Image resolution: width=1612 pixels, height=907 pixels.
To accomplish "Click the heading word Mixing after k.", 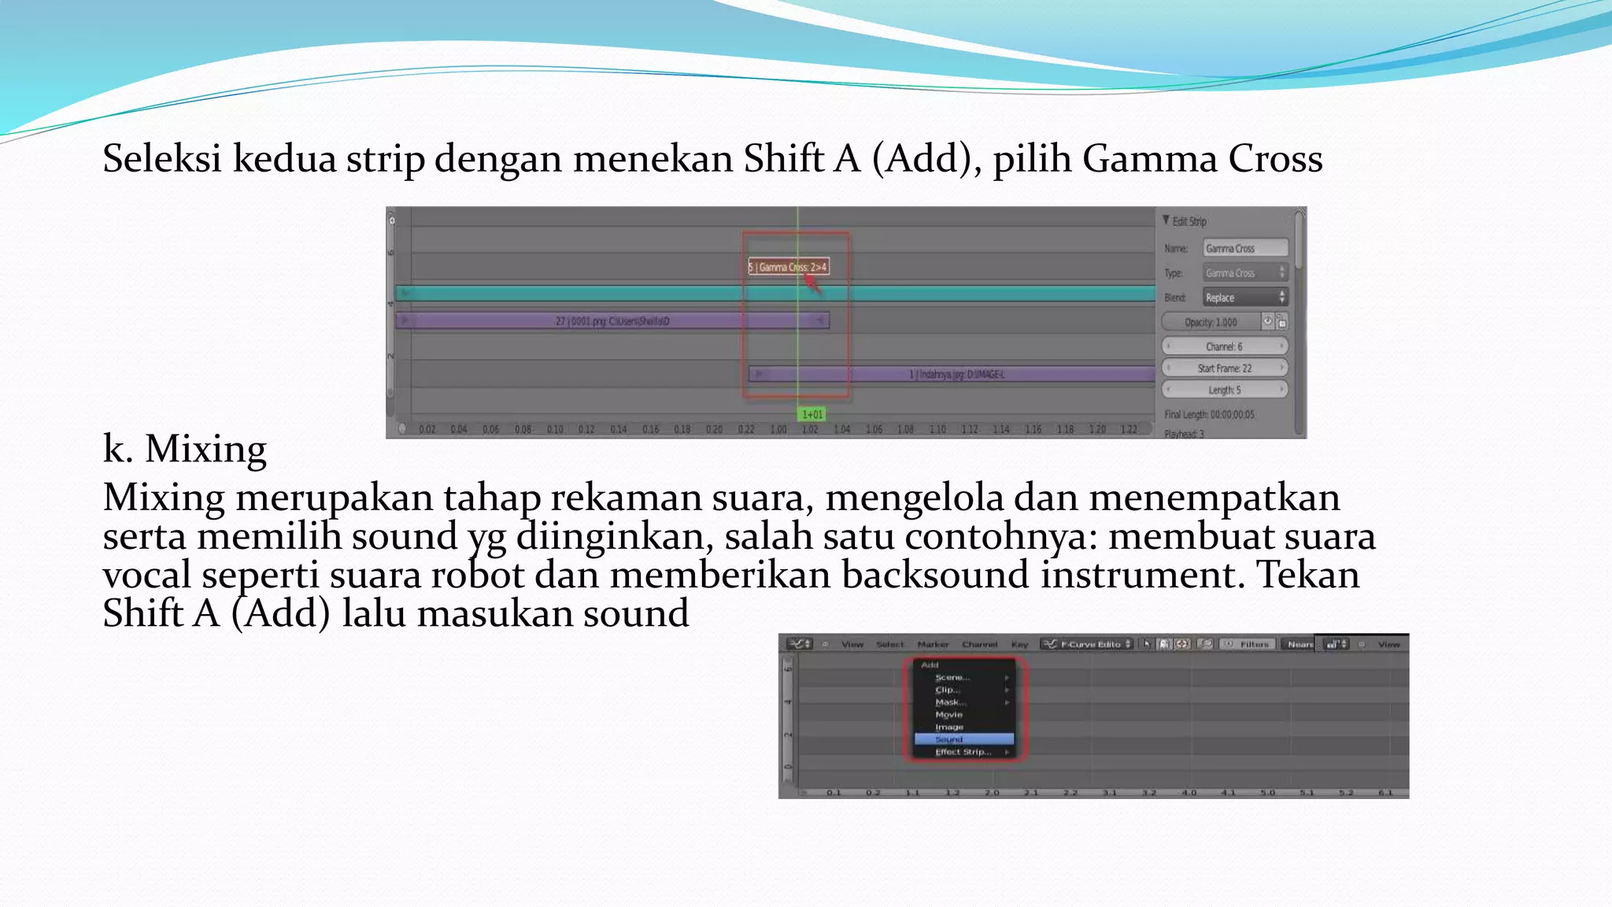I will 205,449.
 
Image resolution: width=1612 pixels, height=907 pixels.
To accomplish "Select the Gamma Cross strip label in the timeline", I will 788,267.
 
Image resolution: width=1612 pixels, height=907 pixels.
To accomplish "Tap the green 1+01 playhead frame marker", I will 812,414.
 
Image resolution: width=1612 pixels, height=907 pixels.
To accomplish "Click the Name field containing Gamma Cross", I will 1244,248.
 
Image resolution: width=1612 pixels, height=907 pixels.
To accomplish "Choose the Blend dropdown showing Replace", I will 1244,298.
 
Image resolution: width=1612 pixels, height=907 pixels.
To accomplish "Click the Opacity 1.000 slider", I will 1212,322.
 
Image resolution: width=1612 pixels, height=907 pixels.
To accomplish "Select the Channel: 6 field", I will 1224,346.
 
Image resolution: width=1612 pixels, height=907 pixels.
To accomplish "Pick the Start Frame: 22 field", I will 1224,368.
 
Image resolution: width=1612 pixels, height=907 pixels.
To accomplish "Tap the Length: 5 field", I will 1224,390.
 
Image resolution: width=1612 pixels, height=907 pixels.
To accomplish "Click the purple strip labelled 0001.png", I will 612,321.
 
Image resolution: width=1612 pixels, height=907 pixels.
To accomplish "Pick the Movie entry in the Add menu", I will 949,715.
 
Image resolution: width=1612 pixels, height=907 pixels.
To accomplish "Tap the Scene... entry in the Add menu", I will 952,677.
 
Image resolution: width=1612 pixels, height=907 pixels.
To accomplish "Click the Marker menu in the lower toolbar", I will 933,645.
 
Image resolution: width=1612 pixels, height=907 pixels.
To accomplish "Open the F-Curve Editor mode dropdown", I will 1088,644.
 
